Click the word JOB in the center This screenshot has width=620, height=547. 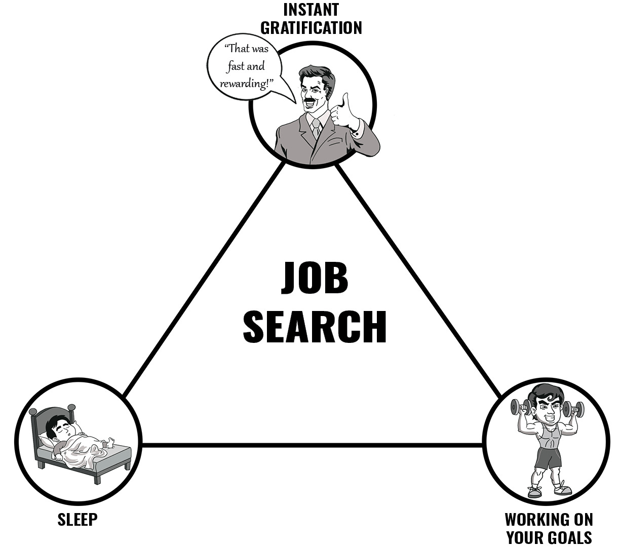pyautogui.click(x=315, y=278)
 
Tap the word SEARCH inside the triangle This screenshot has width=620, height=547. pyautogui.click(x=315, y=327)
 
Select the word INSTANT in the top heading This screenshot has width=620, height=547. pyautogui.click(x=311, y=9)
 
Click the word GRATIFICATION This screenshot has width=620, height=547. pyautogui.click(x=311, y=27)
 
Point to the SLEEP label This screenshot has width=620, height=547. pyautogui.click(x=77, y=519)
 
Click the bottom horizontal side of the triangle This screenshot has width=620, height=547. pyautogui.click(x=312, y=445)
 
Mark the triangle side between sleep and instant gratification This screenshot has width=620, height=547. pyautogui.click(x=203, y=282)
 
